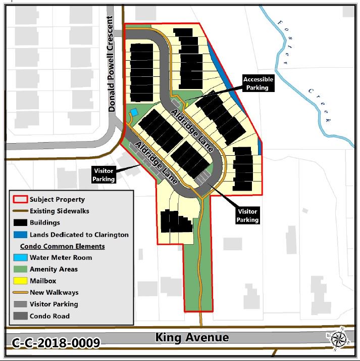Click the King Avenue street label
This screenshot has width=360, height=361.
tap(192, 337)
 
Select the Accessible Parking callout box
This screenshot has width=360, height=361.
tap(258, 83)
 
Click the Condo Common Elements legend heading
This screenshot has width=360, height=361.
tap(62, 246)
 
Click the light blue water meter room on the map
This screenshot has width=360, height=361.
tap(134, 111)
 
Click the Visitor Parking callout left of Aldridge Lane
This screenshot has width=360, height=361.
tap(104, 174)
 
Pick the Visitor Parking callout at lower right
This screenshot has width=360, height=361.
tap(248, 215)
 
